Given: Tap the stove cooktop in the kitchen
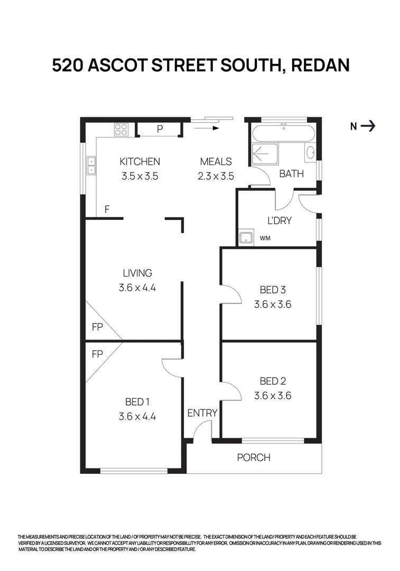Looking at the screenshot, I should pyautogui.click(x=122, y=130).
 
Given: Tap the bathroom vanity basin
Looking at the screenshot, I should pyautogui.click(x=310, y=153).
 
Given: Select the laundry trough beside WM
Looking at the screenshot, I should pyautogui.click(x=245, y=238).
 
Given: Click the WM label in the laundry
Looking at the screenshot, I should pyautogui.click(x=265, y=238).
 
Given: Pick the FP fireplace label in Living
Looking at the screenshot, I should pyautogui.click(x=97, y=327).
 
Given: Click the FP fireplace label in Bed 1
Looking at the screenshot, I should pyautogui.click(x=97, y=354).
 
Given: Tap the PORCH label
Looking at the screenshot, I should pyautogui.click(x=254, y=457).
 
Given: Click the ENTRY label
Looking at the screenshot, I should pyautogui.click(x=202, y=413).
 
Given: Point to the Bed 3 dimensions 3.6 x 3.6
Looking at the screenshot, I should pyautogui.click(x=273, y=305).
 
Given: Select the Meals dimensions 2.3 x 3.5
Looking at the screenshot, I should pyautogui.click(x=216, y=176).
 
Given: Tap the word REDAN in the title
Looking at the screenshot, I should pyautogui.click(x=320, y=66).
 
